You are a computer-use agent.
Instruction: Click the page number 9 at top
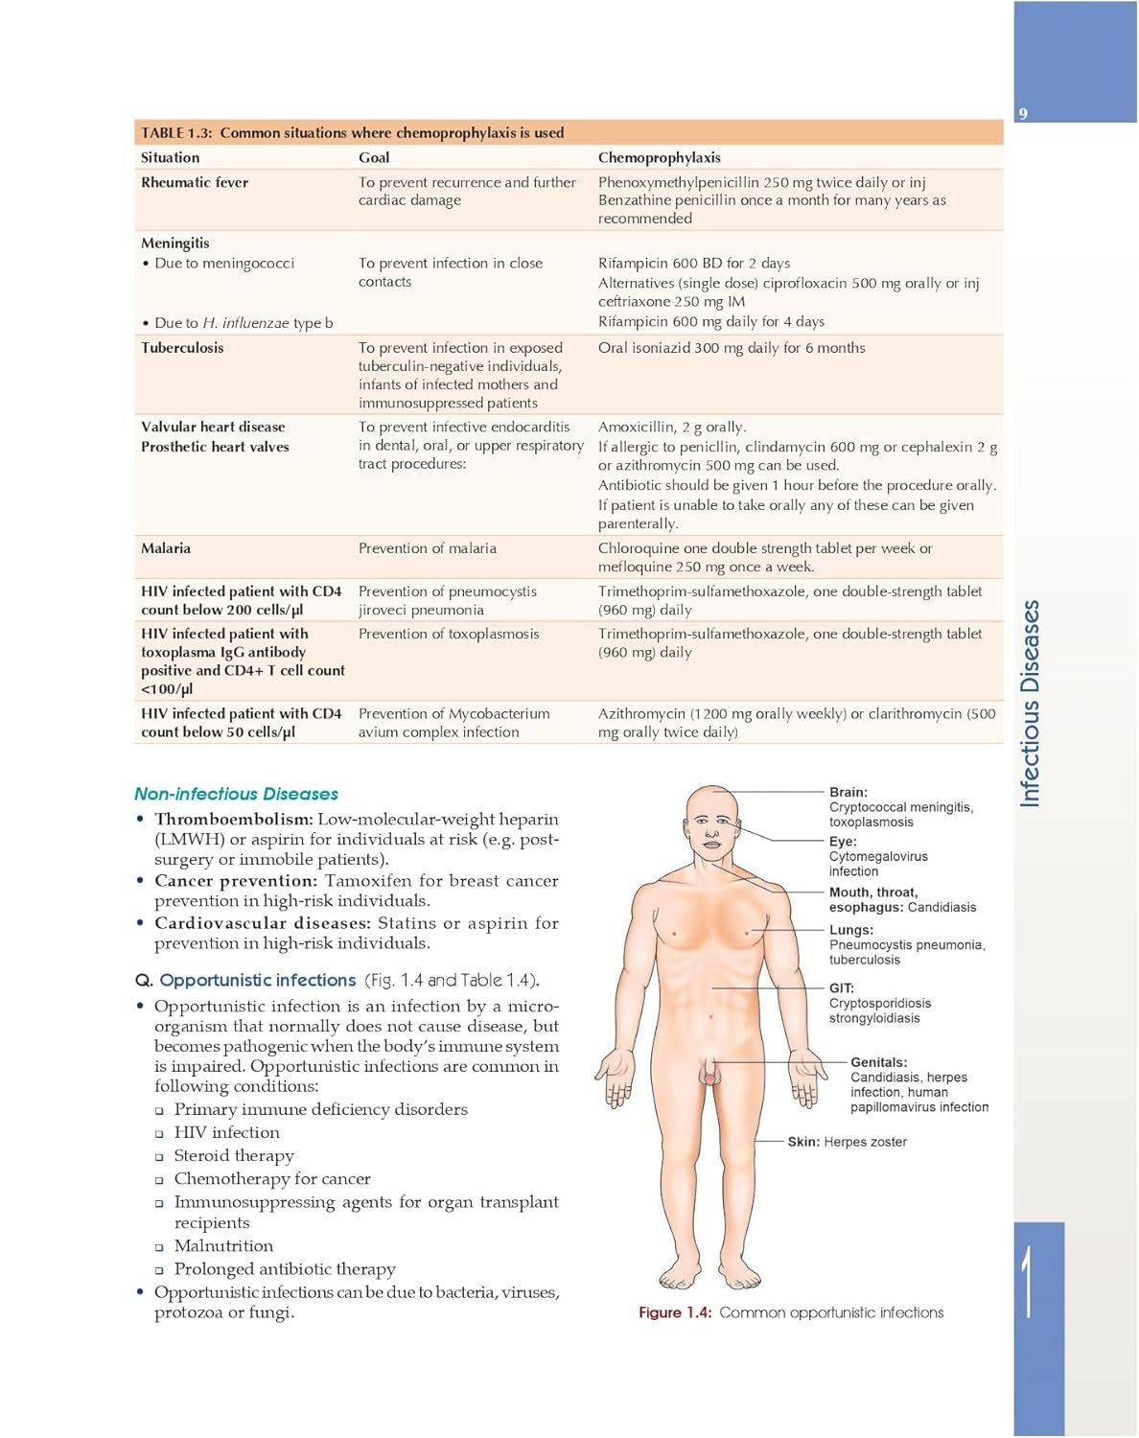tap(1023, 114)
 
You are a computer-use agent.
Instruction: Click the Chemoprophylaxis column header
tap(659, 157)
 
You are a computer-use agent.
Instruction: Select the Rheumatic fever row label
tap(195, 182)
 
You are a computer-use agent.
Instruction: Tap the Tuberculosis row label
tap(182, 348)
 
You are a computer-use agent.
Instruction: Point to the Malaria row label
tap(166, 548)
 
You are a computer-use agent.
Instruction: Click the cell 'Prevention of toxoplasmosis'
tap(449, 634)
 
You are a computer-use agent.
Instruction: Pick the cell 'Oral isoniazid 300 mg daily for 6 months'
tap(732, 348)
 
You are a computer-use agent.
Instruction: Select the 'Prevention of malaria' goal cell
tap(428, 548)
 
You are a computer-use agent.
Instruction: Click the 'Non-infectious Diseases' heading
tap(236, 794)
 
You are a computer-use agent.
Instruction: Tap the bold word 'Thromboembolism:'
tap(233, 820)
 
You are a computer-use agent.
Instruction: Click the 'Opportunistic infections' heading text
tap(258, 980)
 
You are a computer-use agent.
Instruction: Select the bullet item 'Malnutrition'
tap(223, 1246)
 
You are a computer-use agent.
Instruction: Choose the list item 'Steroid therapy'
tap(234, 1156)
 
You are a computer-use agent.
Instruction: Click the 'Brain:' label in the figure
tap(848, 792)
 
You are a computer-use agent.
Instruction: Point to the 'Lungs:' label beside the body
tap(851, 930)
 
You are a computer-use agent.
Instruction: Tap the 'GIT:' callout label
tap(842, 987)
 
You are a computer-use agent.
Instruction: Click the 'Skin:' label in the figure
tap(803, 1142)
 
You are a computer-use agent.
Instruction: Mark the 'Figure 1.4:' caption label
tap(675, 1312)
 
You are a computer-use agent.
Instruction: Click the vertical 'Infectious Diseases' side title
tap(1030, 704)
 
